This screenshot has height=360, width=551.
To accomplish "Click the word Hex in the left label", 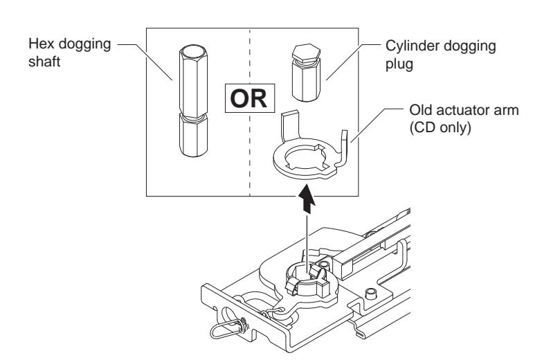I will [x=60, y=46].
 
